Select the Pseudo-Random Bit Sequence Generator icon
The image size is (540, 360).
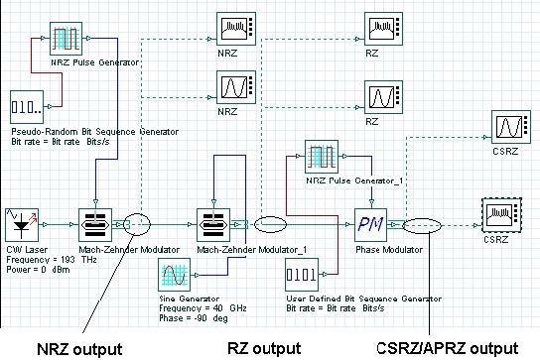coord(27,106)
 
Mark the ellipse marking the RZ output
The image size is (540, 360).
coord(273,224)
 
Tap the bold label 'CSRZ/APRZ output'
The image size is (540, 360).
coord(446,348)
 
